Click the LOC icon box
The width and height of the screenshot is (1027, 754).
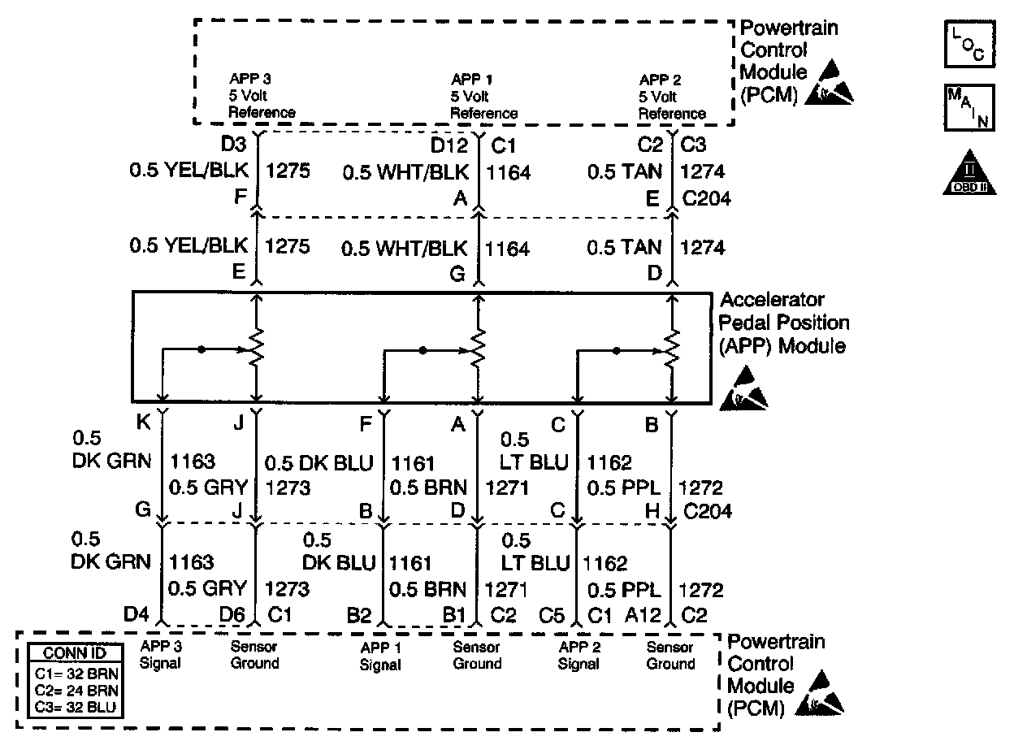tap(969, 44)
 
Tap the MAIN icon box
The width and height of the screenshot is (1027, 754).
tap(969, 107)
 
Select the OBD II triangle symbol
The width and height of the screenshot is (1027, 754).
tap(969, 173)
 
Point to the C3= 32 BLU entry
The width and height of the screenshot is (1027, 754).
tap(76, 707)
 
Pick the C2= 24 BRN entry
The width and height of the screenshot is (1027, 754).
tap(76, 691)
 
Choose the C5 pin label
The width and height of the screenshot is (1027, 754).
tap(552, 616)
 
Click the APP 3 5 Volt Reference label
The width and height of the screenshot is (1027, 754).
tap(262, 97)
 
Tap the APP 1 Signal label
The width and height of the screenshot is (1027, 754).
tap(380, 656)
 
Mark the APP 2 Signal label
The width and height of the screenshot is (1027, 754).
tap(578, 655)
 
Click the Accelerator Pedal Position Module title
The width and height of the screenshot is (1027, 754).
tap(783, 323)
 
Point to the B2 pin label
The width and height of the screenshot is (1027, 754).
tap(358, 616)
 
